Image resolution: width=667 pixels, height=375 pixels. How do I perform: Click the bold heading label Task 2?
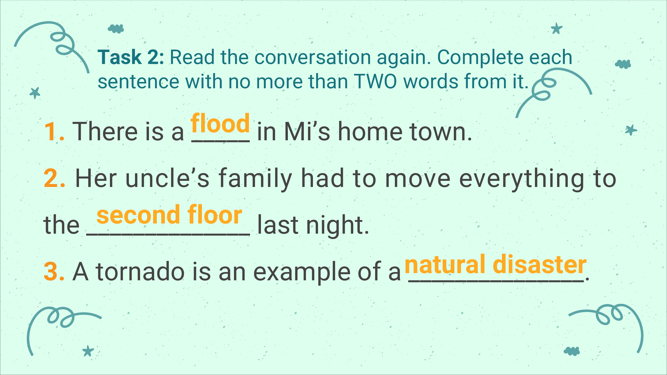[x=131, y=57]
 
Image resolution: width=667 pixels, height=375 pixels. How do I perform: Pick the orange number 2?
[x=54, y=178]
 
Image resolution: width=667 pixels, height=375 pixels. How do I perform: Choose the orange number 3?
[x=54, y=272]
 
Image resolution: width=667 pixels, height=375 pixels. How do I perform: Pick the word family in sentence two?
[x=256, y=180]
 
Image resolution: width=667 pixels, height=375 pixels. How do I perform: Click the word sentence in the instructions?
[x=138, y=82]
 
